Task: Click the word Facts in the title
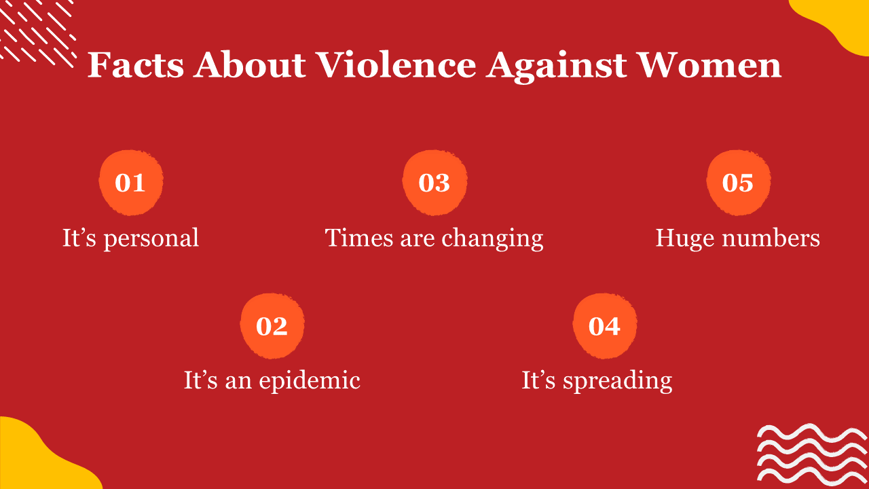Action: click(136, 65)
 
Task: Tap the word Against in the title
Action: click(556, 67)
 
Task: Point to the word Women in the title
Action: click(709, 65)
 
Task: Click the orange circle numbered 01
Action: click(131, 183)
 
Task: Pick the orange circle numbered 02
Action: click(272, 326)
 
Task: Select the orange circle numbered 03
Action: click(434, 183)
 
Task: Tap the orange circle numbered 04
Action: click(604, 326)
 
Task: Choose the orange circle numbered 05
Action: click(738, 183)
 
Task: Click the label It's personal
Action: click(131, 238)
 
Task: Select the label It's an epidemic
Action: click(272, 381)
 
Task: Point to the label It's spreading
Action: click(597, 381)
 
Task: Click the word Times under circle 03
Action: click(359, 238)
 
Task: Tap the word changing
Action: click(493, 238)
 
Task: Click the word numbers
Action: click(771, 238)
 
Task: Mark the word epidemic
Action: click(310, 381)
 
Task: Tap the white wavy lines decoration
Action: click(811, 455)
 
